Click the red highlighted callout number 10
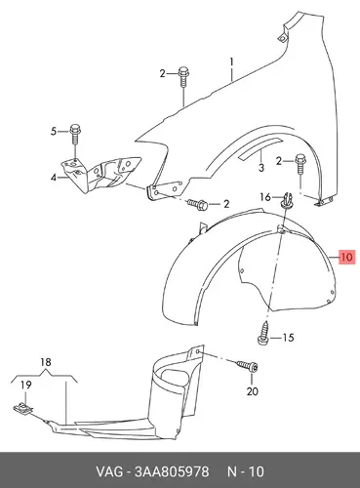[346, 258]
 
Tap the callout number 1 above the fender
[231, 61]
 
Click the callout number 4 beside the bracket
[54, 178]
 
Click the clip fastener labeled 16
[286, 199]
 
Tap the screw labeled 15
[263, 334]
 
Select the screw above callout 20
[248, 366]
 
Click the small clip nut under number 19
[23, 408]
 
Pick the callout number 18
[46, 362]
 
